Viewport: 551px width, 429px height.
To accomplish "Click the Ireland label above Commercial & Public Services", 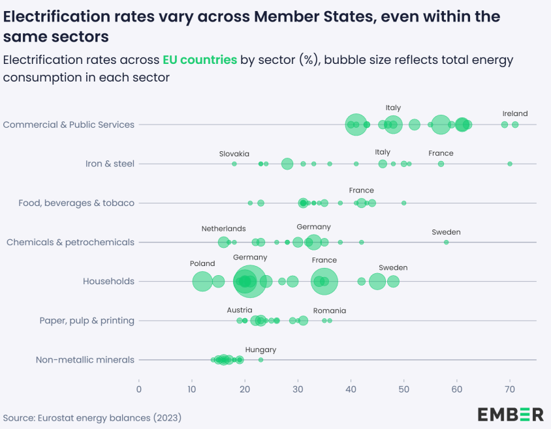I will point(515,113).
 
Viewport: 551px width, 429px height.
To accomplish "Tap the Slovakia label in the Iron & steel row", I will point(234,153).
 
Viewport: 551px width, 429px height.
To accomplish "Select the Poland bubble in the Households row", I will point(202,282).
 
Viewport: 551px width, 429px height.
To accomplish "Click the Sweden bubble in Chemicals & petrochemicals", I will point(447,242).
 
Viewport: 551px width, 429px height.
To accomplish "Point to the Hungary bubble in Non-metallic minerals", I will point(260,360).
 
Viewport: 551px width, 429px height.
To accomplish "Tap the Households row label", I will point(108,282).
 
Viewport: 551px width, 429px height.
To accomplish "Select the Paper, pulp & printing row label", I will point(87,321).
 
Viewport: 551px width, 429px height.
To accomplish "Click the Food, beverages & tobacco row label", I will point(76,203).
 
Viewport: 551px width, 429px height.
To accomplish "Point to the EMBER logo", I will point(511,414).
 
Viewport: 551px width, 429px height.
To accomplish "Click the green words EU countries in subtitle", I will point(200,60).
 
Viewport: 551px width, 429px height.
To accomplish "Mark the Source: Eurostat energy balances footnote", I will point(92,417).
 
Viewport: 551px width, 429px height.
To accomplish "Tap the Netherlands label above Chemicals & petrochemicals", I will point(223,229).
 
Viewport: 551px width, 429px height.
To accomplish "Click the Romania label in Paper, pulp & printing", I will point(330,311).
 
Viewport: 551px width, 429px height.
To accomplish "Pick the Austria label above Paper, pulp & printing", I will point(240,310).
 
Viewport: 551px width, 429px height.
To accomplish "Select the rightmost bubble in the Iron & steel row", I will point(510,164).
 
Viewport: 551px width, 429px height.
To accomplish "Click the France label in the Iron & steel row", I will point(441,153).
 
